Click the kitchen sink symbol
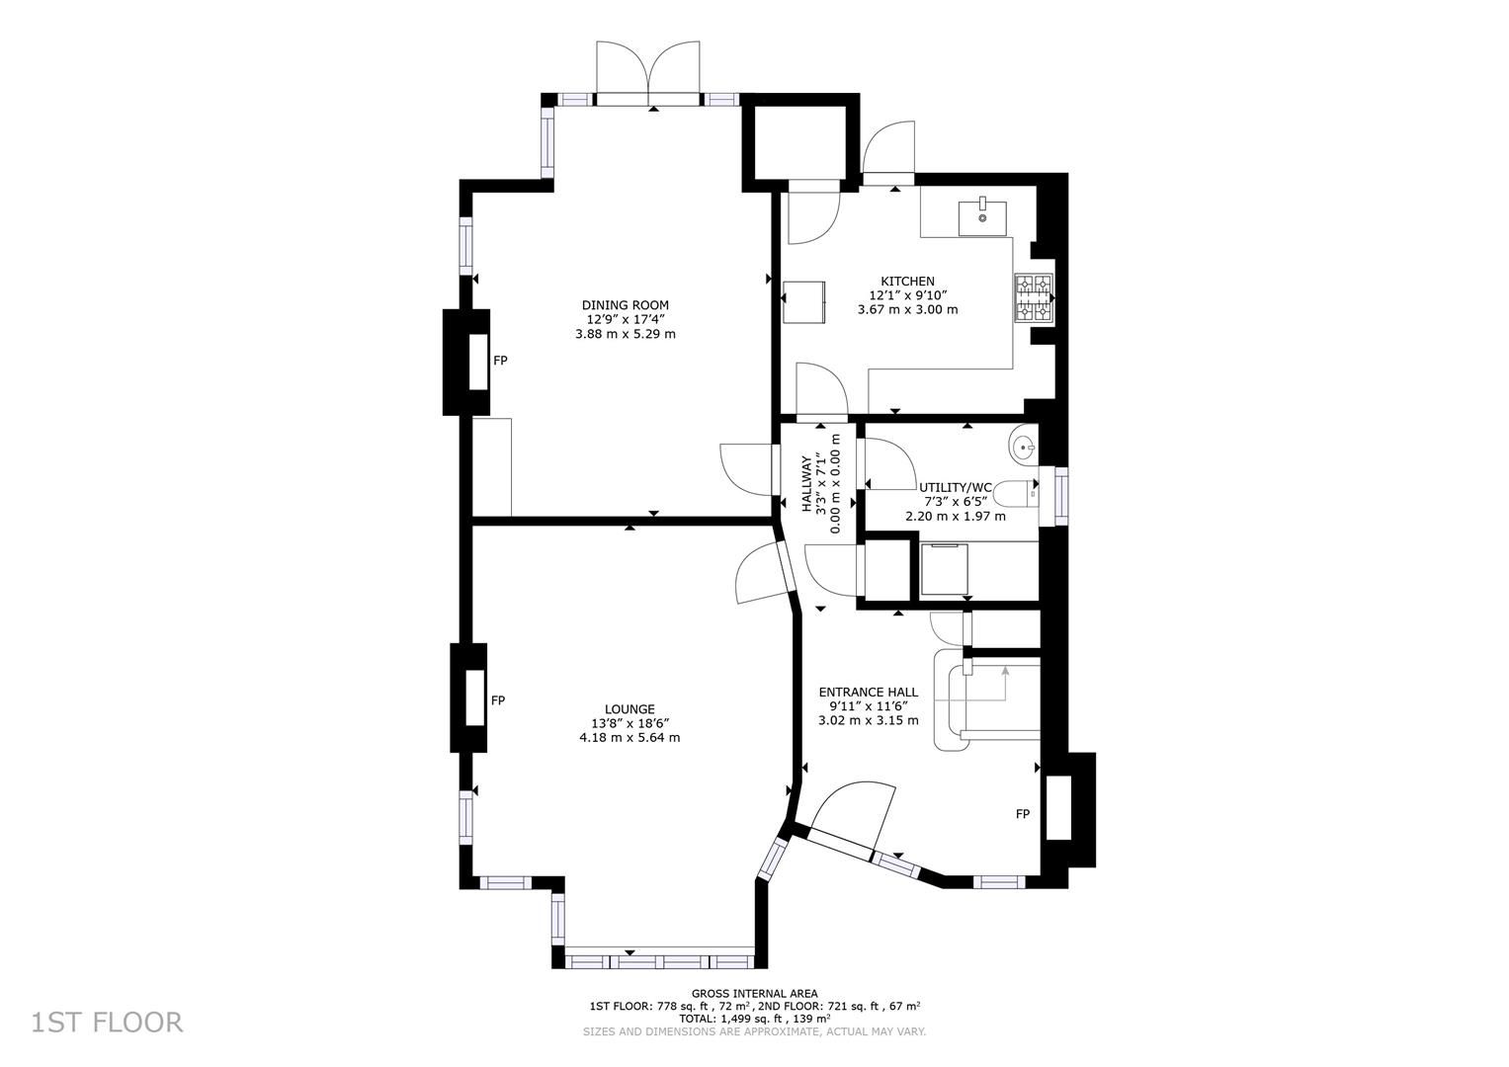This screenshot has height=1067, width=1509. tap(982, 216)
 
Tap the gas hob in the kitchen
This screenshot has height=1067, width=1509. tap(1034, 297)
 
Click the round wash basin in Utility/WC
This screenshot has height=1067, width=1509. tap(1024, 447)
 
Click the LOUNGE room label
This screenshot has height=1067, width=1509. tap(629, 708)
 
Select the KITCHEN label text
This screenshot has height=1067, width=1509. tap(907, 282)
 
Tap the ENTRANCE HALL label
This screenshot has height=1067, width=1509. tap(868, 692)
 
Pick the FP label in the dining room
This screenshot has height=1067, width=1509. tap(500, 361)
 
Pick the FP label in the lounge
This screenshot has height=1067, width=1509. tap(498, 700)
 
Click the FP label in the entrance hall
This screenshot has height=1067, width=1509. tap(1022, 814)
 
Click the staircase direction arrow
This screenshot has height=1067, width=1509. tap(1005, 673)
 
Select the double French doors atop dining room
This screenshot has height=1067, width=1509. tap(647, 71)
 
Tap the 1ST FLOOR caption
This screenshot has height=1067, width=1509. tap(107, 1022)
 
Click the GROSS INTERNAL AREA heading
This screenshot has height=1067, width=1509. tap(754, 994)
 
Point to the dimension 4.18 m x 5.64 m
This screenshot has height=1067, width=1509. tap(629, 737)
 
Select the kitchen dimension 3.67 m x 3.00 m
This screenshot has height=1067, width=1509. tap(907, 309)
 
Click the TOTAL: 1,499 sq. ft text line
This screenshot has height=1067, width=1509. tap(754, 1018)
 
